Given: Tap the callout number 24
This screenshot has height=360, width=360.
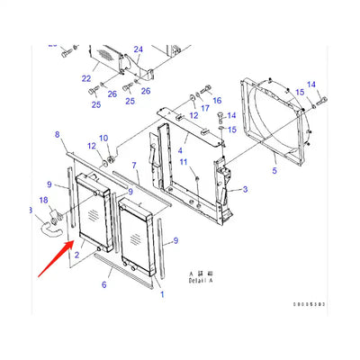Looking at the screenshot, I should click(x=138, y=49).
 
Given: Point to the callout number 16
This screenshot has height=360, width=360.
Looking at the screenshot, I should click(x=216, y=102).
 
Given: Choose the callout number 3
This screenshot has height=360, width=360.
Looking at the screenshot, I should click(x=243, y=191).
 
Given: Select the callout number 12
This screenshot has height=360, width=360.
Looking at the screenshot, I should click(x=92, y=146).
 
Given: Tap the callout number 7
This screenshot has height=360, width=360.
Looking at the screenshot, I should click(x=135, y=166).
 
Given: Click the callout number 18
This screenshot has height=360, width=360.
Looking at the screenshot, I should click(x=43, y=200).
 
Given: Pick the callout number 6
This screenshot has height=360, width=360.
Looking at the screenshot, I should click(x=103, y=284).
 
